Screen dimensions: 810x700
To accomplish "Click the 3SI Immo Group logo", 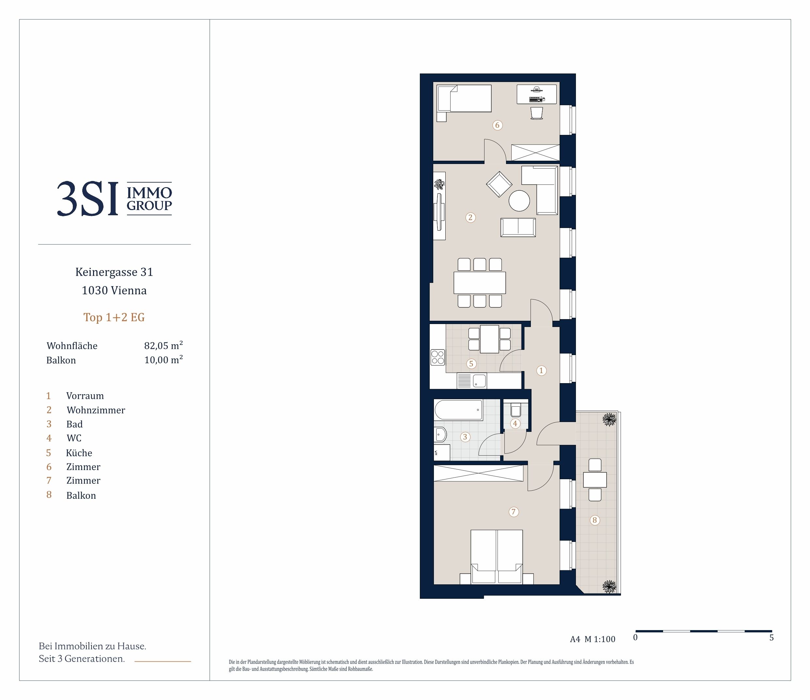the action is (114, 199).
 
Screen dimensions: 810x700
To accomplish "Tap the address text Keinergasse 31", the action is (114, 272).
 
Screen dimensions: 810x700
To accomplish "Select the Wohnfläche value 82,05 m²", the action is (164, 345).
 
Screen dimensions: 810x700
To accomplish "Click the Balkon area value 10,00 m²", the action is (164, 360).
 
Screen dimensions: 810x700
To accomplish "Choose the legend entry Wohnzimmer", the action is (96, 410).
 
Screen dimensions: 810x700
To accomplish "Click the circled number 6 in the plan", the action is (497, 125).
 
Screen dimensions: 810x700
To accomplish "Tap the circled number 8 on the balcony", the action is (595, 520).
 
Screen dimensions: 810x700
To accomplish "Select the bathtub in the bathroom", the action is (458, 410).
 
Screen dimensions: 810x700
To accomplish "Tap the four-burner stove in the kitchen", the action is (437, 357).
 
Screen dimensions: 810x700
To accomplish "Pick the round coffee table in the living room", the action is (519, 201).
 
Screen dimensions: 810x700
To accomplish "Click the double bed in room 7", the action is (497, 557).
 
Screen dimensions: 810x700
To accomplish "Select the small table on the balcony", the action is (595, 480).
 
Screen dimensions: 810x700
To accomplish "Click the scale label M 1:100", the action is (600, 639).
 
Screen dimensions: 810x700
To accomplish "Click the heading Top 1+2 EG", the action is (114, 317).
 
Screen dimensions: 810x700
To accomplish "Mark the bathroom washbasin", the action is (440, 434).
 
